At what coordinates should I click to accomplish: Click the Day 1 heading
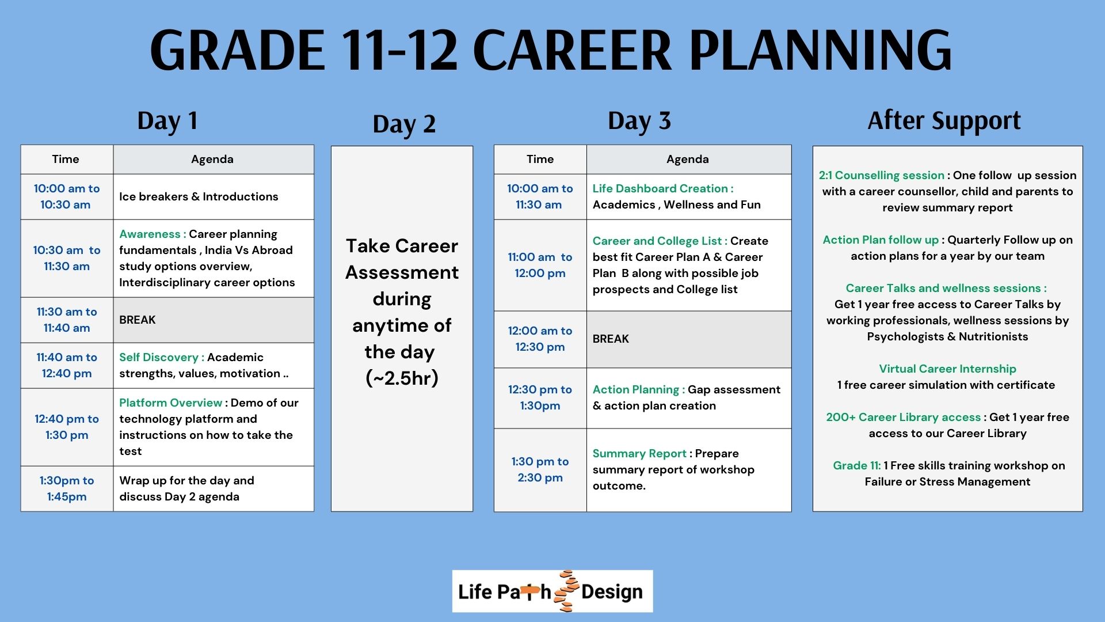(x=167, y=121)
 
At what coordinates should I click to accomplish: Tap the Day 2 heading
(x=404, y=124)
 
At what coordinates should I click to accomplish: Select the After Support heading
(x=944, y=121)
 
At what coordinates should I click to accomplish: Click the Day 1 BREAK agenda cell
(x=214, y=320)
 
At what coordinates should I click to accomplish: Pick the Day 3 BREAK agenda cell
(x=689, y=339)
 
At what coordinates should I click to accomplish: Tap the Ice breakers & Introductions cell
(x=214, y=197)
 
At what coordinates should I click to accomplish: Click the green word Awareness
(x=150, y=234)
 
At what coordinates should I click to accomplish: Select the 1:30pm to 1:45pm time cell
(x=67, y=488)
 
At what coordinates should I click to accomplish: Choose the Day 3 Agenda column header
(x=689, y=160)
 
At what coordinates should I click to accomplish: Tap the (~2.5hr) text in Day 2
(x=402, y=378)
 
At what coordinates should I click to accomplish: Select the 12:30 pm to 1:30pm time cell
(x=540, y=398)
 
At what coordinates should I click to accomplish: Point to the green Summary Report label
(x=639, y=453)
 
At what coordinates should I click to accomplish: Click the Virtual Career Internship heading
(x=947, y=369)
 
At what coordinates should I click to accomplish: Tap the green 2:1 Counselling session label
(x=881, y=175)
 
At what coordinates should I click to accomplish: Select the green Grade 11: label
(x=856, y=465)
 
